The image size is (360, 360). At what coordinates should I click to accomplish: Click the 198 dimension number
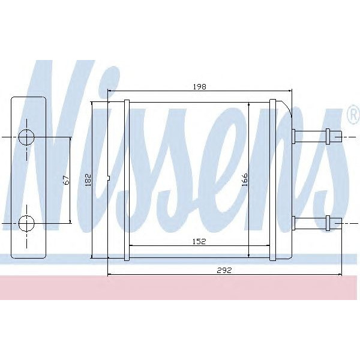click(199, 87)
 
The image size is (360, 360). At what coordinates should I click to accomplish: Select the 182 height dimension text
click(87, 179)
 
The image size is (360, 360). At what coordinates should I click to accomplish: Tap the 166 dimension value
click(244, 179)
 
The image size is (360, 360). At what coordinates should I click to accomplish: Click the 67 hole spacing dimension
click(66, 179)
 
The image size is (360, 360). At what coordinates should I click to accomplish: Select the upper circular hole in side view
click(26, 137)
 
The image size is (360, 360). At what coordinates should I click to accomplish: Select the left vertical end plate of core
click(126, 180)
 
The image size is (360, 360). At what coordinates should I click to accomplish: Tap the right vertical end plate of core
click(273, 180)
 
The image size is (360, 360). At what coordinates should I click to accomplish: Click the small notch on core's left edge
click(109, 178)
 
